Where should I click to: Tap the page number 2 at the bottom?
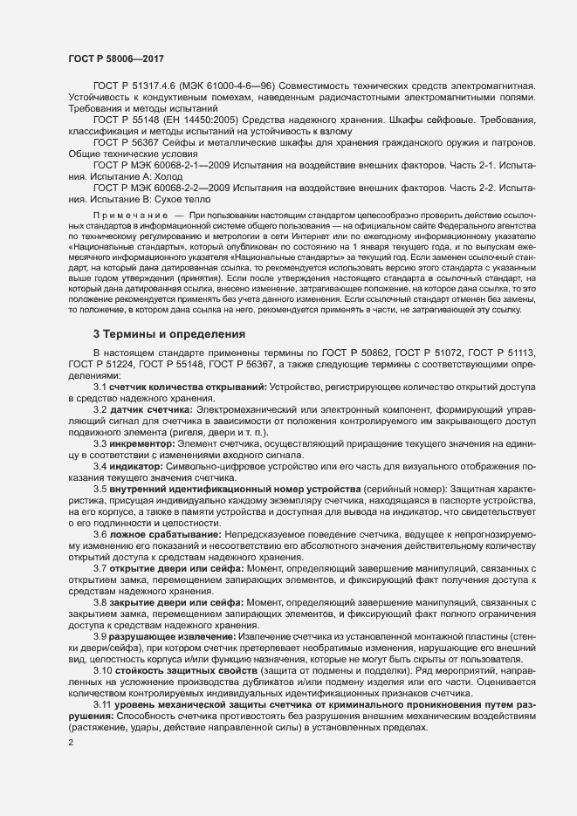click(70, 743)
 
